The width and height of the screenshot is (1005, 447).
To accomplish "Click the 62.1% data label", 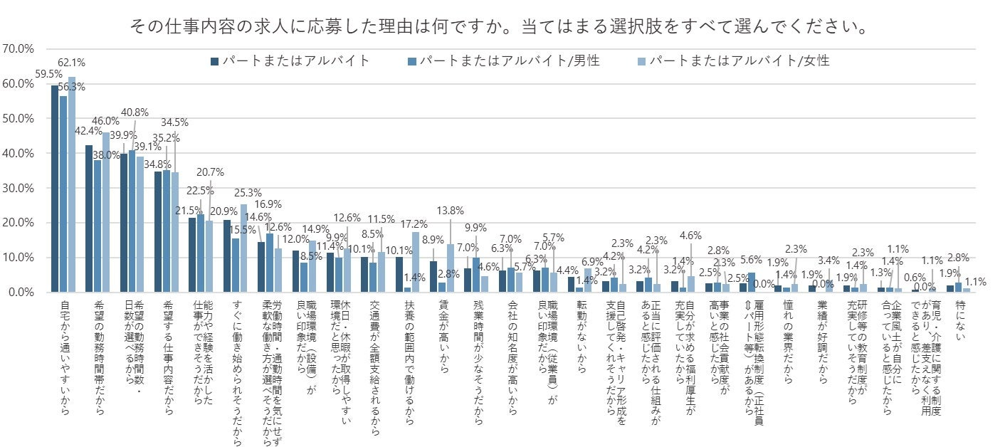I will [x=71, y=61].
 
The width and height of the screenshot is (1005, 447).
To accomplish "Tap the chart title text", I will [x=498, y=28].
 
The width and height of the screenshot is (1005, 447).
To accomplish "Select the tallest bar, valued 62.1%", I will [x=72, y=185].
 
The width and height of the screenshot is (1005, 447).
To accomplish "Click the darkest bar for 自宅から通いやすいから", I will [x=55, y=189].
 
